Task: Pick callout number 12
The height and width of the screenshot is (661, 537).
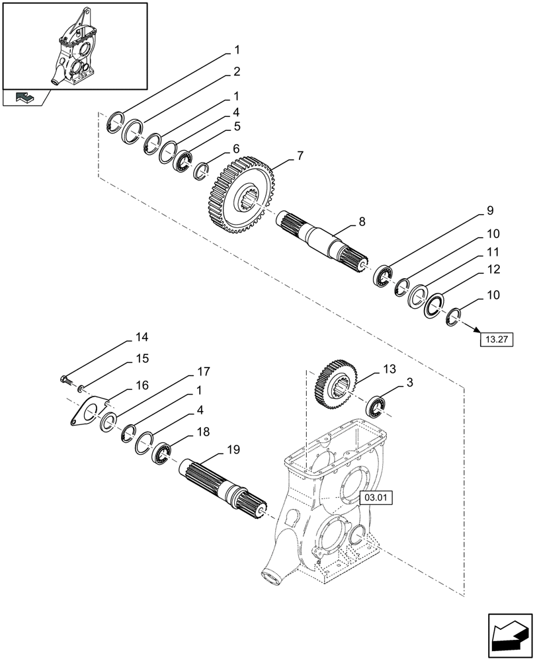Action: [x=494, y=270]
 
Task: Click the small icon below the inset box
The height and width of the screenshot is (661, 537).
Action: [x=24, y=98]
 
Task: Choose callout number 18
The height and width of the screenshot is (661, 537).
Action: [x=202, y=431]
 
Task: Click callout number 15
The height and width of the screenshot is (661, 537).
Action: [x=142, y=358]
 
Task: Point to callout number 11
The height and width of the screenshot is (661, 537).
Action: [x=494, y=252]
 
